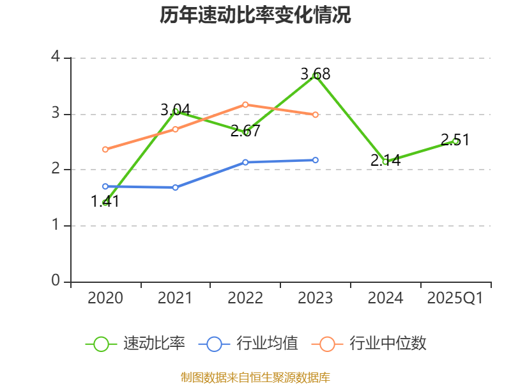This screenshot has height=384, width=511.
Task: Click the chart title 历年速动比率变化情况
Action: (256, 15)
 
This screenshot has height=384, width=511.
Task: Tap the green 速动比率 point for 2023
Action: (316, 76)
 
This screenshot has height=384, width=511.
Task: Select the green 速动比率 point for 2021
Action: (176, 111)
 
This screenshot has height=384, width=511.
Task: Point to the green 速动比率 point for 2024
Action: (385, 162)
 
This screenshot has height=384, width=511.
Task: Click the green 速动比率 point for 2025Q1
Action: (455, 141)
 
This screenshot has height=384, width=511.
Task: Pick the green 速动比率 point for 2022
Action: (245, 132)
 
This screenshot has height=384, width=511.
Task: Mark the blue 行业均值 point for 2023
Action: (316, 160)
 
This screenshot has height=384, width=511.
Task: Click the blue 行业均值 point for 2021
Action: (176, 188)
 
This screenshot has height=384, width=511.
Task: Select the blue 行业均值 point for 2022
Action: (245, 163)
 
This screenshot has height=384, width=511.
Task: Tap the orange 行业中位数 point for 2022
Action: (245, 104)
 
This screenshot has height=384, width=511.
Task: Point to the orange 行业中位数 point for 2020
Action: (105, 150)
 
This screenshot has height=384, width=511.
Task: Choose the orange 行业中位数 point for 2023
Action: (316, 115)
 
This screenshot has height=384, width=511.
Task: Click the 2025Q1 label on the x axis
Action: (455, 298)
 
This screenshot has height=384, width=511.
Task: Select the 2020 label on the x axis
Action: (105, 298)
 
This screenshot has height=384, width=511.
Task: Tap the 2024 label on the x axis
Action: (385, 298)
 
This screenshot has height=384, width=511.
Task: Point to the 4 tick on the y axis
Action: (56, 58)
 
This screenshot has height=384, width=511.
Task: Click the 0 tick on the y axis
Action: (56, 282)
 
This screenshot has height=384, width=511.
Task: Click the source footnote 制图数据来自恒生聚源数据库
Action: (256, 377)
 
